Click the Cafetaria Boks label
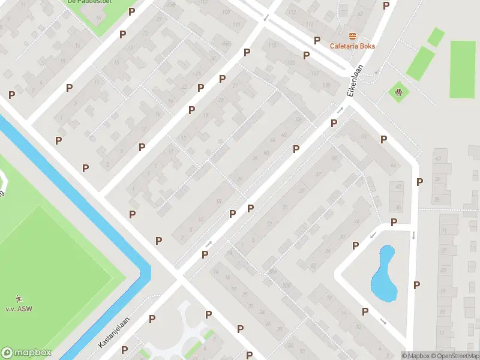(x=352, y=46)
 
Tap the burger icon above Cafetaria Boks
(x=352, y=36)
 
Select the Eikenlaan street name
(x=356, y=81)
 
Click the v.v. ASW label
(x=19, y=308)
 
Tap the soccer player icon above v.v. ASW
(x=19, y=298)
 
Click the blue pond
(x=383, y=276)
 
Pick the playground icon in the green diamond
(x=397, y=92)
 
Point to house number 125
(x=292, y=63)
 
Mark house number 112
(x=292, y=12)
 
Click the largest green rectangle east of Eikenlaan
(x=463, y=69)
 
